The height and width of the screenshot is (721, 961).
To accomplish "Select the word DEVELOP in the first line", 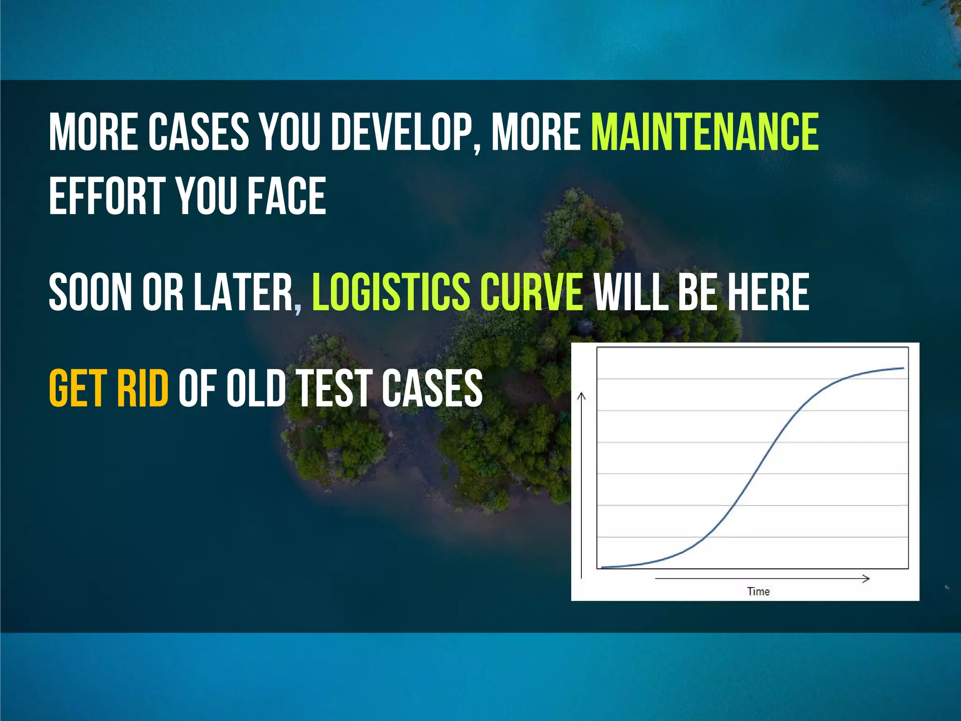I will pos(402,132).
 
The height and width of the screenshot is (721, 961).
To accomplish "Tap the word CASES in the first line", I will pos(199,132).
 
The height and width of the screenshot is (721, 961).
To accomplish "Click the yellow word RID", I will pos(143,389).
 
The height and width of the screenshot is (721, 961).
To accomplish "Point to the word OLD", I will pos(256,389).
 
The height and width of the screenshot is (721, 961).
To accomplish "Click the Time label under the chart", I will pos(758,591).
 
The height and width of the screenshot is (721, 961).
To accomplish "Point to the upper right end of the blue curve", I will pos(903,368).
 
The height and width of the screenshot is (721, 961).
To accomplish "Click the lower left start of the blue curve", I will pos(603,567).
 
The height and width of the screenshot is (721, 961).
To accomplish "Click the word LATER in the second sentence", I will pos(244,293).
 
